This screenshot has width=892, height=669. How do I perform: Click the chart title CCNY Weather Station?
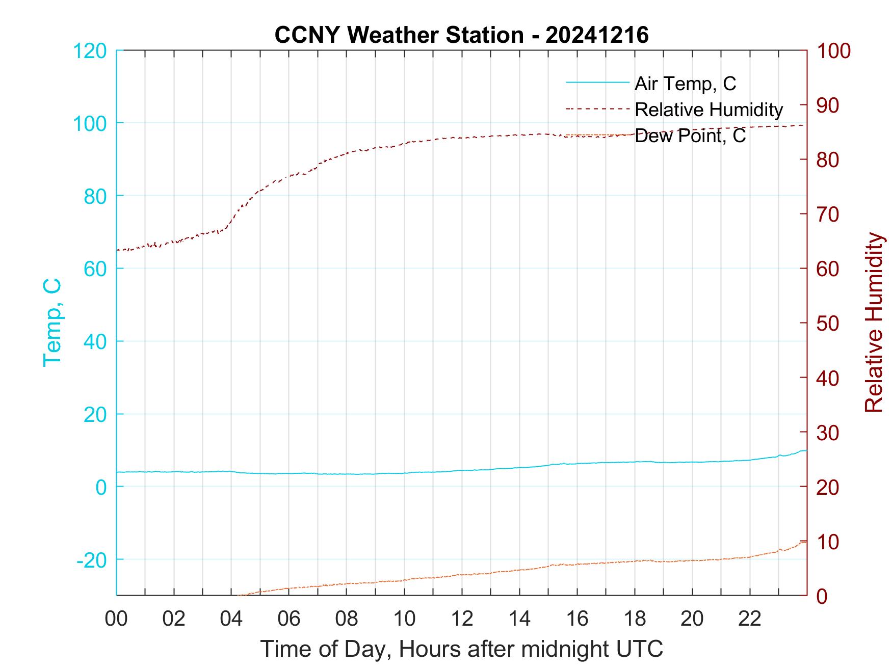tap(461, 35)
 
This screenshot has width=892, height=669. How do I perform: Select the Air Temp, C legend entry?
tap(685, 83)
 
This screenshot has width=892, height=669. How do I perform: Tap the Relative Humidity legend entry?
tap(709, 110)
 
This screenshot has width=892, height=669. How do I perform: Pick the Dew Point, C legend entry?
tap(690, 136)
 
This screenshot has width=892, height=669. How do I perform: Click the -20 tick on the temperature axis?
tap(92, 560)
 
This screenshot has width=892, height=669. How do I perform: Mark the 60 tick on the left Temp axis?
tap(94, 269)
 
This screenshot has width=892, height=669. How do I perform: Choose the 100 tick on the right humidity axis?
tap(834, 51)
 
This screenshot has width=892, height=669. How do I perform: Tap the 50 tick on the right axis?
tap(829, 324)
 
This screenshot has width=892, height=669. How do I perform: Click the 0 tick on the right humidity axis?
tap(822, 596)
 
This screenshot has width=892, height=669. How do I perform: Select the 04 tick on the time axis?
tap(231, 619)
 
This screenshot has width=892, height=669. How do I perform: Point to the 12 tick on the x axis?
tap(462, 619)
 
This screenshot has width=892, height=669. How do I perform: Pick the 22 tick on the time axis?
tap(750, 619)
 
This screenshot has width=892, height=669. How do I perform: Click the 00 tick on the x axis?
tap(116, 619)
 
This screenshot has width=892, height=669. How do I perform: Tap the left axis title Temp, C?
tap(53, 323)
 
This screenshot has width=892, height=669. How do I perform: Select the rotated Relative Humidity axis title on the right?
tap(874, 323)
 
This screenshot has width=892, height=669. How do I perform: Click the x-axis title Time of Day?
tap(462, 649)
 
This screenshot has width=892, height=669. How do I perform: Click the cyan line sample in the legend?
tap(597, 83)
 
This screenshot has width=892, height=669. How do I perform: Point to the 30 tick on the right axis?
tap(829, 433)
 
